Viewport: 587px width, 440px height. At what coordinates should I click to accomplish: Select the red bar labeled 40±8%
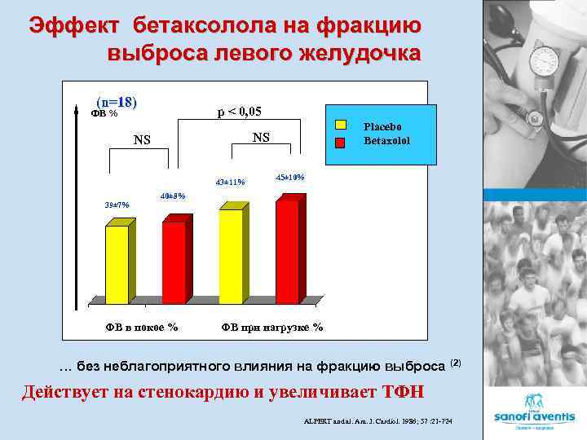(174, 260)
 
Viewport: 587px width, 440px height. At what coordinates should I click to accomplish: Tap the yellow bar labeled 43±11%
(231, 254)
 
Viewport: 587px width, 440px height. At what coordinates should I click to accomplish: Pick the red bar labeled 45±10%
(287, 249)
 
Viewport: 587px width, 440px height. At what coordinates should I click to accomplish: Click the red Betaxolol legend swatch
(342, 140)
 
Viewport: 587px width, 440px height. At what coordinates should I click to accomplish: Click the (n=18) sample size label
(116, 103)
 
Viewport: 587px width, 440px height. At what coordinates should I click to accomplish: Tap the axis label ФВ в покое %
(141, 328)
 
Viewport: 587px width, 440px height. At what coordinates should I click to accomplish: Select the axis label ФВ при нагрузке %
(271, 328)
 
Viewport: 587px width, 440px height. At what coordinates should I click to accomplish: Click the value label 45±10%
(289, 177)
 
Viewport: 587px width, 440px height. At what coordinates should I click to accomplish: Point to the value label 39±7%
(117, 204)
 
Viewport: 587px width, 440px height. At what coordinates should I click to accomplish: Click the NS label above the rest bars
(143, 140)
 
